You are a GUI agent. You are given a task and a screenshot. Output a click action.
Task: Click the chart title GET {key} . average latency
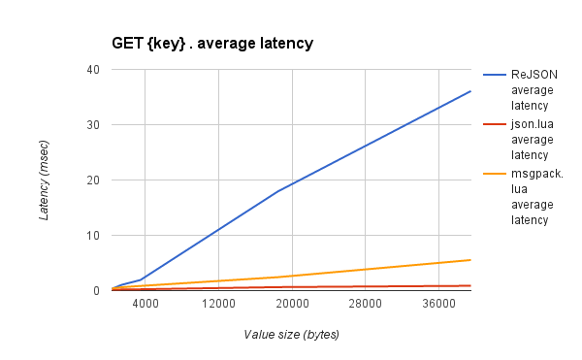point(213,44)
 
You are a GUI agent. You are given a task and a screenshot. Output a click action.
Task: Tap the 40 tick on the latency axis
point(93,70)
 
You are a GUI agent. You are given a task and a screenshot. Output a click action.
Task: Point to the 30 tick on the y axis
point(93,125)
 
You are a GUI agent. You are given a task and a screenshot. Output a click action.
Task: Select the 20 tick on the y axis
point(93,180)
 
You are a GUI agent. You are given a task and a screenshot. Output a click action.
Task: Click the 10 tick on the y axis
point(93,236)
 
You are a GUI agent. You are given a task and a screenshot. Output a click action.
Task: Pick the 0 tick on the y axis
point(96,291)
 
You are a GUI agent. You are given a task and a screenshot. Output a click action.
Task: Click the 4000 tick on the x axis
point(145,305)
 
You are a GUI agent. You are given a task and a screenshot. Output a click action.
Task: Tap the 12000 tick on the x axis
point(218,305)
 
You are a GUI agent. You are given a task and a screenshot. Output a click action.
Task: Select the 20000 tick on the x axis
point(292,305)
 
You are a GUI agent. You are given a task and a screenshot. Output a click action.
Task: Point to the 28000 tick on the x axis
point(366,305)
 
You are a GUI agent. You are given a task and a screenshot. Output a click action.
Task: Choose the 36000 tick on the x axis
point(439,305)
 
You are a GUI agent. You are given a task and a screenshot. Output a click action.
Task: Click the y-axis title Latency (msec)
point(45,180)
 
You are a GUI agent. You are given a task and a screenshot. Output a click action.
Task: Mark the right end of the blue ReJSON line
point(470,91)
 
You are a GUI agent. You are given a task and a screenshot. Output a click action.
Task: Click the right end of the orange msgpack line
point(470,259)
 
